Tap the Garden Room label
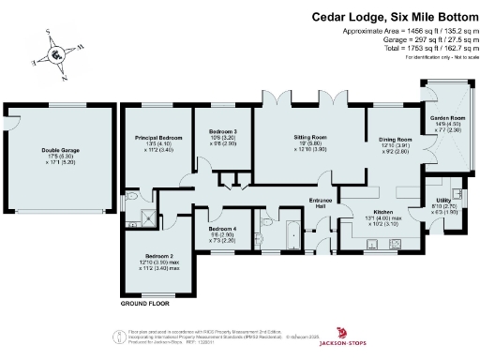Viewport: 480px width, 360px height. tap(447, 117)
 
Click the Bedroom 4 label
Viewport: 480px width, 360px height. tap(222, 229)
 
